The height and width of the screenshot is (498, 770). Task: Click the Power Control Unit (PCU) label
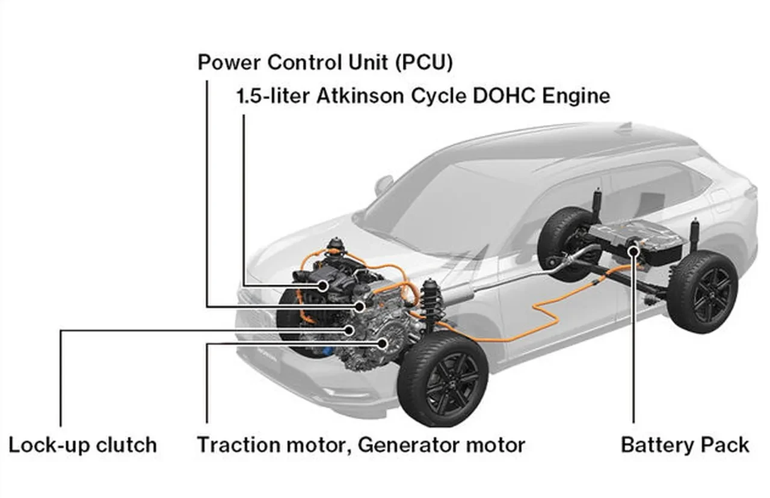(x=325, y=63)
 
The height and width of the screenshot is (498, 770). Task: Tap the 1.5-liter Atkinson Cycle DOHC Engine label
(x=423, y=96)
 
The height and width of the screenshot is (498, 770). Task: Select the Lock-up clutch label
(x=83, y=446)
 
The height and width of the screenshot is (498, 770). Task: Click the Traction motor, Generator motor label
(x=361, y=446)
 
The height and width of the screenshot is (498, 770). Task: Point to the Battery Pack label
(x=685, y=446)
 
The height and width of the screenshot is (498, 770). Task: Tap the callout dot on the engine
(x=324, y=284)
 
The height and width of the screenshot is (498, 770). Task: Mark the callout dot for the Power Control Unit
(x=360, y=307)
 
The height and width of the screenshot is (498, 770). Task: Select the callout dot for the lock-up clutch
(x=350, y=330)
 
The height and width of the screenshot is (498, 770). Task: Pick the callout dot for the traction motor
(x=383, y=343)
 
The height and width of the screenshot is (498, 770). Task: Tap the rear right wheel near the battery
(x=702, y=292)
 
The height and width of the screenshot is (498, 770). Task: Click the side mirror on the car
(x=383, y=184)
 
